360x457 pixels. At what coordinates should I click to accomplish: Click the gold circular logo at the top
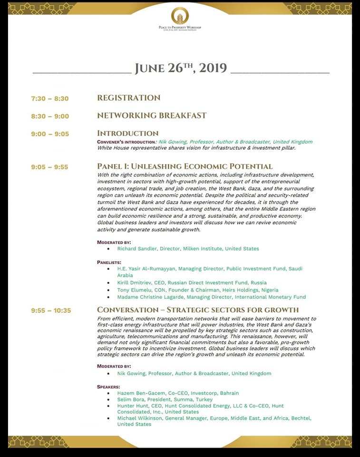(180, 15)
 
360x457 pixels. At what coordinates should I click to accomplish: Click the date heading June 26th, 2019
(180, 68)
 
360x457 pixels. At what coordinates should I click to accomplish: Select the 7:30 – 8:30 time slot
(50, 99)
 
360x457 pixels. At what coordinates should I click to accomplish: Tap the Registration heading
(128, 98)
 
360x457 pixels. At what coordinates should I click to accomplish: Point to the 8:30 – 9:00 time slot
(50, 116)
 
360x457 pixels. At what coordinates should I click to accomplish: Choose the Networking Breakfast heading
(152, 116)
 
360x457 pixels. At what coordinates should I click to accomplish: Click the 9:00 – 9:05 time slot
(50, 134)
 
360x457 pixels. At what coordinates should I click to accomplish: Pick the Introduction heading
(127, 133)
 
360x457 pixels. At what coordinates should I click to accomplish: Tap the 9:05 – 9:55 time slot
(50, 167)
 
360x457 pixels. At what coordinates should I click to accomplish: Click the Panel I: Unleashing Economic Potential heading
(185, 167)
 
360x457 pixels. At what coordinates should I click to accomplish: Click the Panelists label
(109, 262)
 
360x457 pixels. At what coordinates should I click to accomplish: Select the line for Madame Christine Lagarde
(211, 297)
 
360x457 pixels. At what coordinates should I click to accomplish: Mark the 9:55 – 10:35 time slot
(51, 310)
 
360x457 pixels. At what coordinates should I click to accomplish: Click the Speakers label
(108, 387)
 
